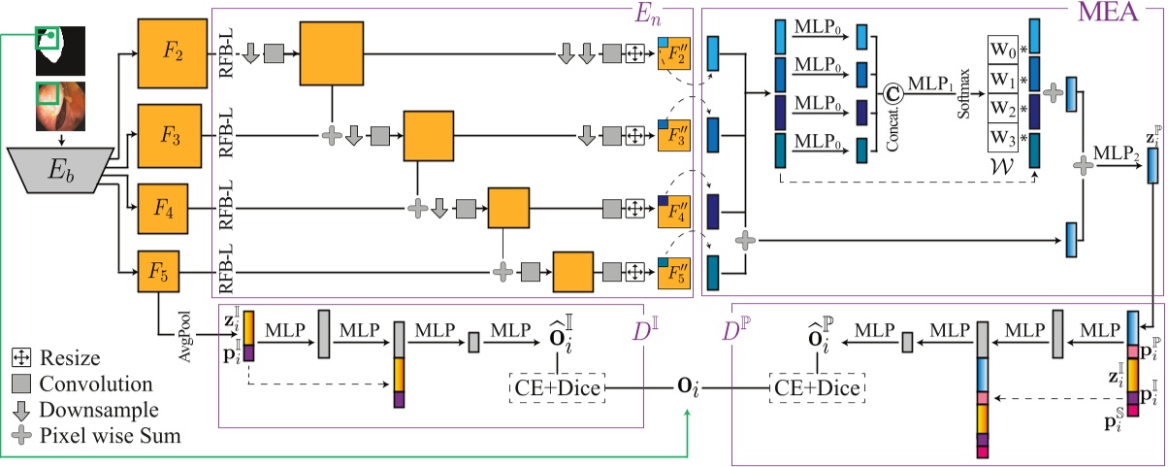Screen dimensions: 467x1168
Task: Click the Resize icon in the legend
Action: point(20,358)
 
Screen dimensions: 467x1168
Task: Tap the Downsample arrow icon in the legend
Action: point(20,411)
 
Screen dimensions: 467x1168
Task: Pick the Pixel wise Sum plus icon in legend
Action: point(20,437)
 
